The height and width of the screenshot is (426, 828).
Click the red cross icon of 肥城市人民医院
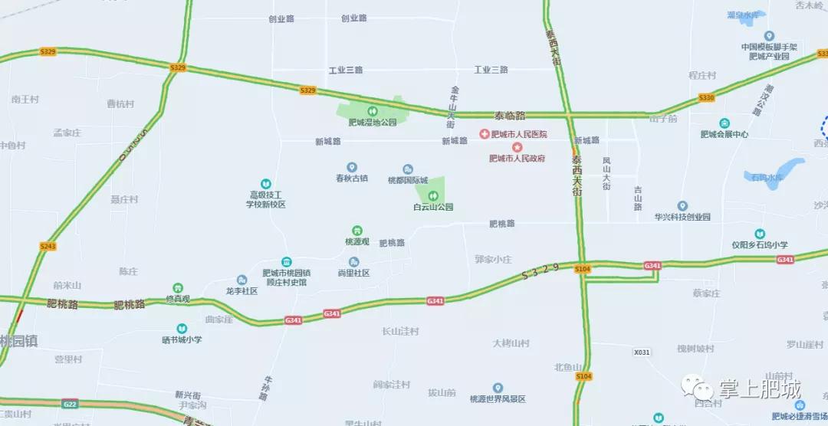485,134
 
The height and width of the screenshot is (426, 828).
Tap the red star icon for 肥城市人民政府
517,146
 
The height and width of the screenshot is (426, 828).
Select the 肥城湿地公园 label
373,122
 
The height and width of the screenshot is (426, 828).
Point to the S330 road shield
706,98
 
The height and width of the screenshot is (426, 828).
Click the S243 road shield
48,246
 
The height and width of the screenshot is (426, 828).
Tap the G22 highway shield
70,404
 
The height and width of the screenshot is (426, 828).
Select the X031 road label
642,352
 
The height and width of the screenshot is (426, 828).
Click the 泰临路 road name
510,116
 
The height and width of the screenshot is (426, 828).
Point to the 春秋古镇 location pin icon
352,167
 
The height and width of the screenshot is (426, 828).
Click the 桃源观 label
357,241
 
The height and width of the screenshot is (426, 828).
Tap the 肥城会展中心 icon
724,123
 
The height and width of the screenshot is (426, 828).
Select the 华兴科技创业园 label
682,217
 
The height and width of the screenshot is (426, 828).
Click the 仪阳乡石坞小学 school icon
759,234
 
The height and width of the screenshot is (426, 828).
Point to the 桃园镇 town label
18,341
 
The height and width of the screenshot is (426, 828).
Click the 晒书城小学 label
182,339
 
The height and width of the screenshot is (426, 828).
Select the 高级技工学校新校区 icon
265,184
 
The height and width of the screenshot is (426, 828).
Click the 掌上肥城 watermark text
759,388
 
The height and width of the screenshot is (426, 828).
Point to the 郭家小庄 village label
492,259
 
